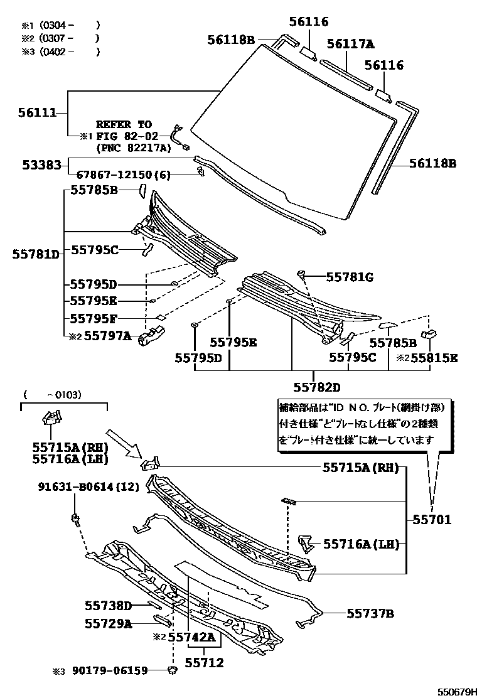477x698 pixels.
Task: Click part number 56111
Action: [x=38, y=113]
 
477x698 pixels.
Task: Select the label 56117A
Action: [x=350, y=43]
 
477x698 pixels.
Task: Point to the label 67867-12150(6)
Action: [x=123, y=176]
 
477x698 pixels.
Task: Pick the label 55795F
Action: [x=94, y=318]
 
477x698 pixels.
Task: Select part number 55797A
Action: [x=107, y=336]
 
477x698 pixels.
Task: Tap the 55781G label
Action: [x=348, y=276]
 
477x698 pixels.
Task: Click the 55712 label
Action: [x=204, y=662]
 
